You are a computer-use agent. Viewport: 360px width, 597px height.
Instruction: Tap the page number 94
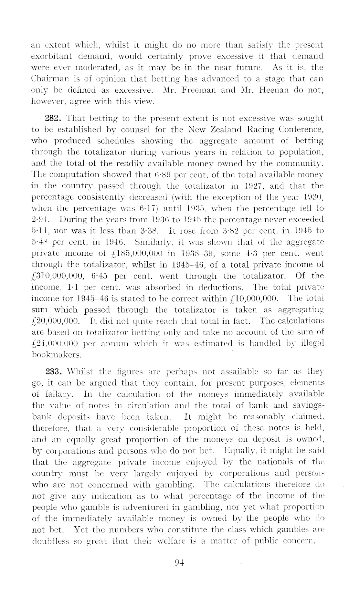point(179,562)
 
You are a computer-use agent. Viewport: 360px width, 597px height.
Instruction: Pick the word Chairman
point(50,79)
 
